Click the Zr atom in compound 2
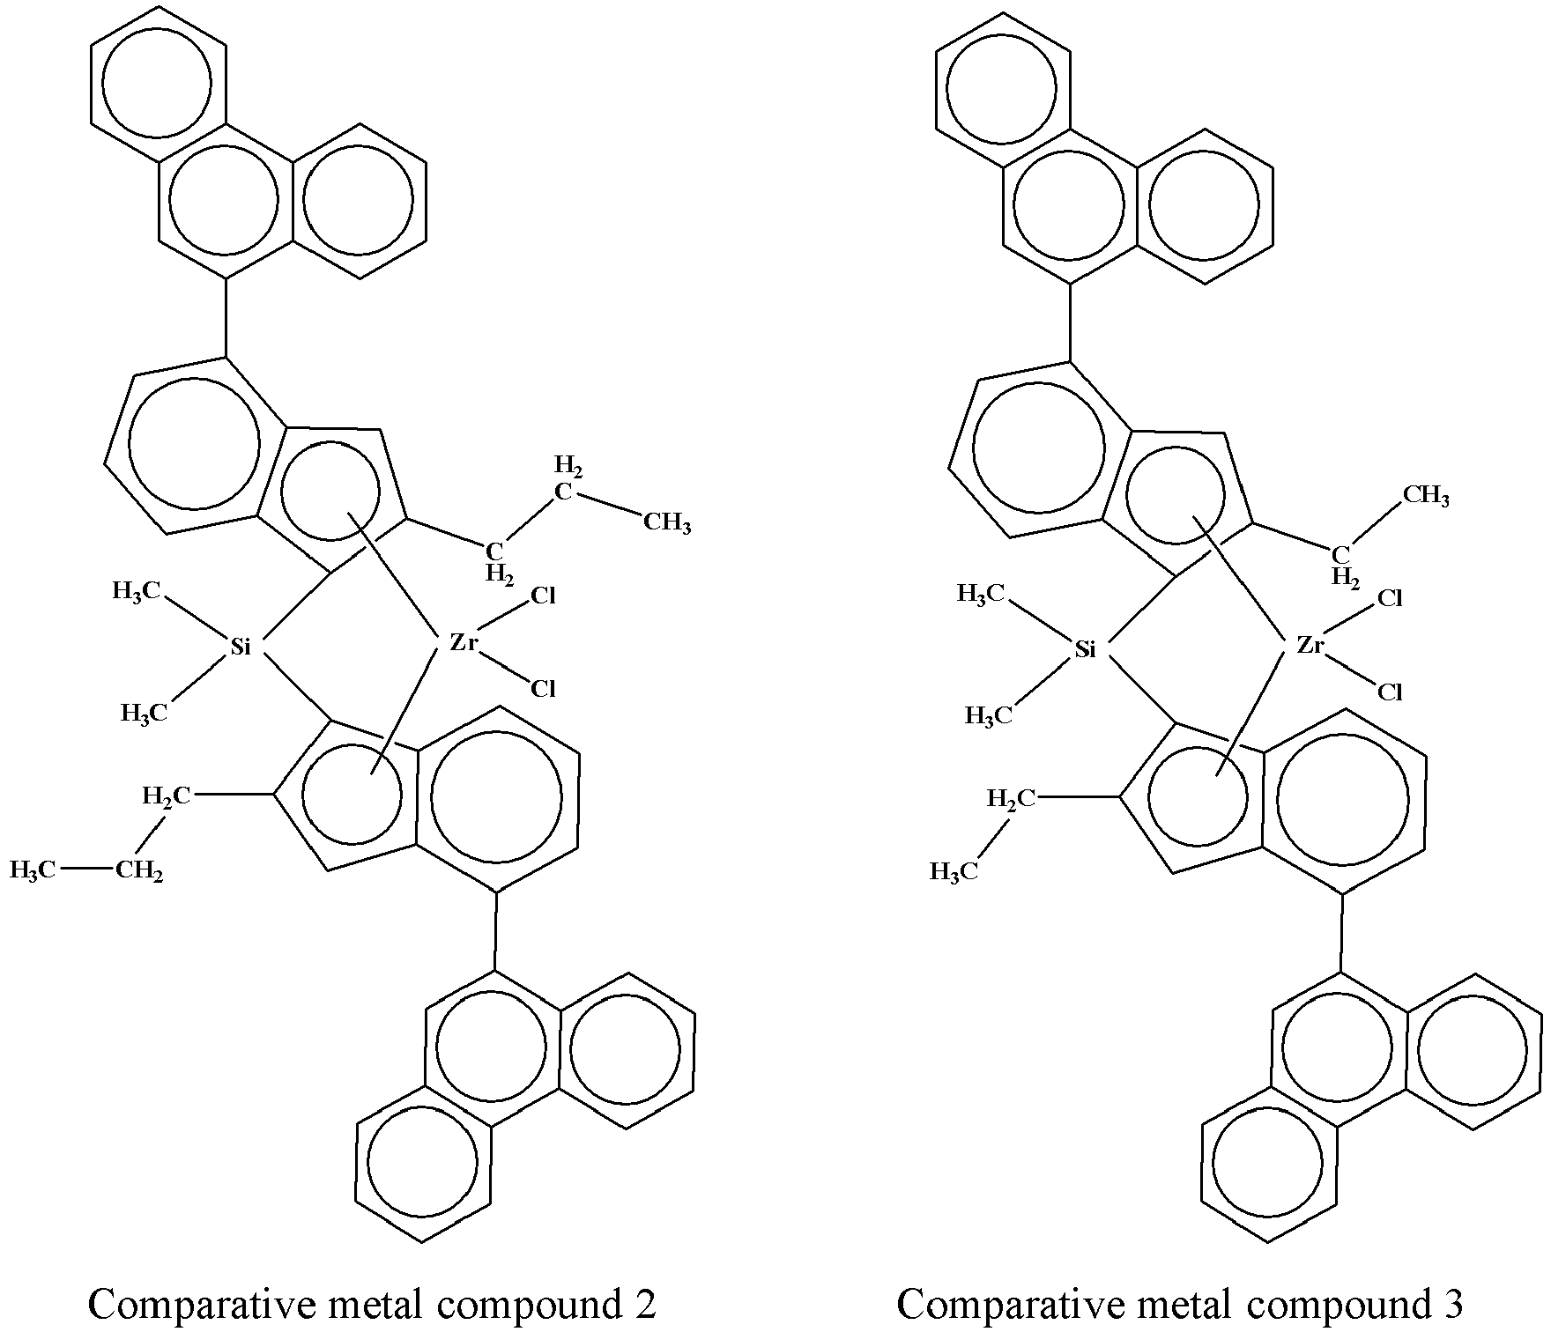(x=464, y=643)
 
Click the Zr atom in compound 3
(x=1310, y=646)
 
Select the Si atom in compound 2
(x=241, y=647)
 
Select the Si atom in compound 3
(x=1086, y=650)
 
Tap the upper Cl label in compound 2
(x=543, y=596)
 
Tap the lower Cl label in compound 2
(x=543, y=688)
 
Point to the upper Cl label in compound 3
(x=1390, y=599)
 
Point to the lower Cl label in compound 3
(x=1390, y=692)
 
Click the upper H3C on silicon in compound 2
(x=137, y=591)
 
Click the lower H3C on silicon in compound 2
(x=144, y=713)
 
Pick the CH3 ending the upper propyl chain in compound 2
(x=667, y=523)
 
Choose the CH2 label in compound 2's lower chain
(x=139, y=871)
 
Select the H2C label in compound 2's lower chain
(x=167, y=796)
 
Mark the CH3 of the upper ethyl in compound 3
(x=1426, y=496)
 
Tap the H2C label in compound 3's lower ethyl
(x=1012, y=799)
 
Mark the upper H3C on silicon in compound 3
(x=982, y=594)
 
